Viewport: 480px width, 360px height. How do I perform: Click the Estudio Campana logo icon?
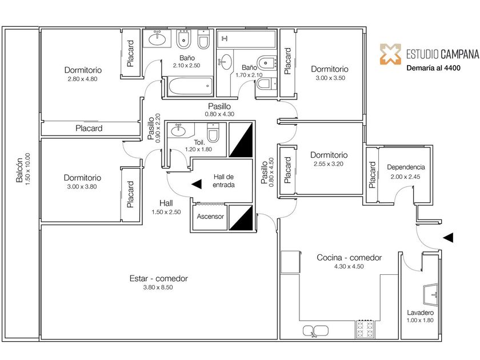(391, 54)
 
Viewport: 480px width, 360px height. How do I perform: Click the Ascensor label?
(210, 217)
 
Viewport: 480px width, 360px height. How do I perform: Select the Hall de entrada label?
(223, 181)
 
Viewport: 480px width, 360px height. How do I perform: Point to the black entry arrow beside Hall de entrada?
(197, 184)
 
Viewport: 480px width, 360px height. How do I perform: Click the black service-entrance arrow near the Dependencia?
(449, 237)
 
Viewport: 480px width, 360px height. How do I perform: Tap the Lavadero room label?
(420, 313)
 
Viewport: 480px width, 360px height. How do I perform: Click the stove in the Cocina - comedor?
(365, 330)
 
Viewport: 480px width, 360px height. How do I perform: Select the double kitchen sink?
(315, 330)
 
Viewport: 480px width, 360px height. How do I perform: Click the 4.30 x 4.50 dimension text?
(349, 266)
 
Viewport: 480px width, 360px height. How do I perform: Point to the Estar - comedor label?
(158, 279)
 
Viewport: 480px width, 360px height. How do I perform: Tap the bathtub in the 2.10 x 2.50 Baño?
(189, 87)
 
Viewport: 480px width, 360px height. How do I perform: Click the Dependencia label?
(406, 167)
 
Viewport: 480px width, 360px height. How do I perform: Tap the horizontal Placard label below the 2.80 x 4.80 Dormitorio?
(89, 129)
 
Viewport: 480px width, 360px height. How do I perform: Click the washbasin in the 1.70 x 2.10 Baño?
(226, 61)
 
